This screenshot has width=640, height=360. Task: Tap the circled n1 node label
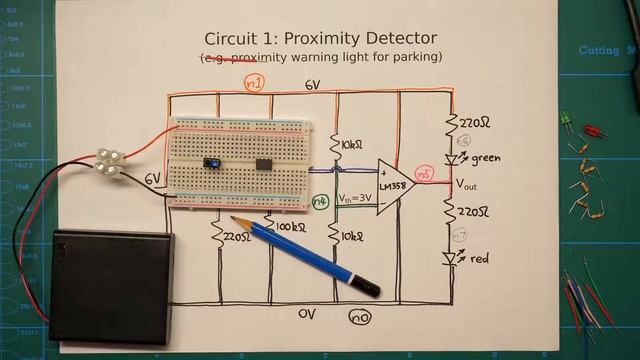point(254,84)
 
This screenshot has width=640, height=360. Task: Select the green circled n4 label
point(319,201)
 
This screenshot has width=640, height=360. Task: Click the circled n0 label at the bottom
point(360,317)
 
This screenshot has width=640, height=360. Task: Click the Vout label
point(473,185)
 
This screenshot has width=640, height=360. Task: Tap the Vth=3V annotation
point(355,198)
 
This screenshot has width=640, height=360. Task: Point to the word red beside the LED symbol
point(479,259)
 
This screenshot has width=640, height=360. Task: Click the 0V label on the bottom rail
point(308,313)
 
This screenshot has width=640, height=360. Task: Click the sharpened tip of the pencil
point(233,218)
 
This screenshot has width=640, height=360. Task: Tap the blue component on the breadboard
point(211,162)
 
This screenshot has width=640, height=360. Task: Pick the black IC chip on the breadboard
point(264,163)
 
